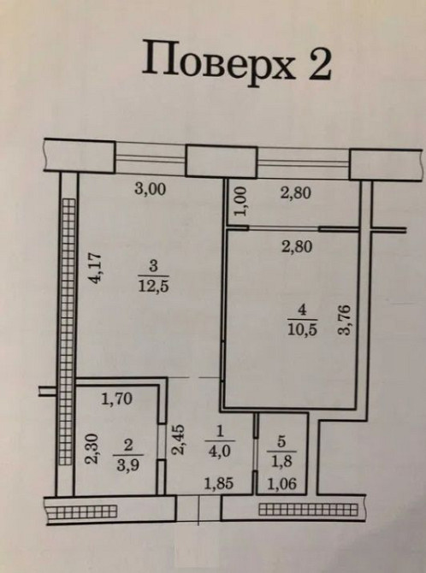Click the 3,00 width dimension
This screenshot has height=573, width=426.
(x=151, y=189)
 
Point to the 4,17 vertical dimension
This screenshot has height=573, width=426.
(x=96, y=268)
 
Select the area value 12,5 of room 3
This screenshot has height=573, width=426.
(x=154, y=286)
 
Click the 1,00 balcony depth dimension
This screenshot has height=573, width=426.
(x=240, y=201)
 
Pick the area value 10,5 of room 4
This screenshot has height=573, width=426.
(x=303, y=329)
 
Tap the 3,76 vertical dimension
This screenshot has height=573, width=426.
(x=344, y=319)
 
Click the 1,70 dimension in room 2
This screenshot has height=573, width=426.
(x=116, y=399)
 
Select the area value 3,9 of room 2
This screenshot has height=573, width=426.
(x=128, y=465)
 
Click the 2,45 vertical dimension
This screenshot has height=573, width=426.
(x=178, y=440)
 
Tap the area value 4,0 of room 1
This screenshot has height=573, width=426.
(x=219, y=451)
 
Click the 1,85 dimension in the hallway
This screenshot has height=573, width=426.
(x=219, y=484)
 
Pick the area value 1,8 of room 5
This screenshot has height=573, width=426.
(x=281, y=461)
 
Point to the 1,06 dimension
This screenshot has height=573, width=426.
(x=282, y=485)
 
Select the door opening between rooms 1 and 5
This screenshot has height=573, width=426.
(x=256, y=455)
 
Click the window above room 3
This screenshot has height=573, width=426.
(x=151, y=157)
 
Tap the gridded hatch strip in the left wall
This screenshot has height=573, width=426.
(x=67, y=332)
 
